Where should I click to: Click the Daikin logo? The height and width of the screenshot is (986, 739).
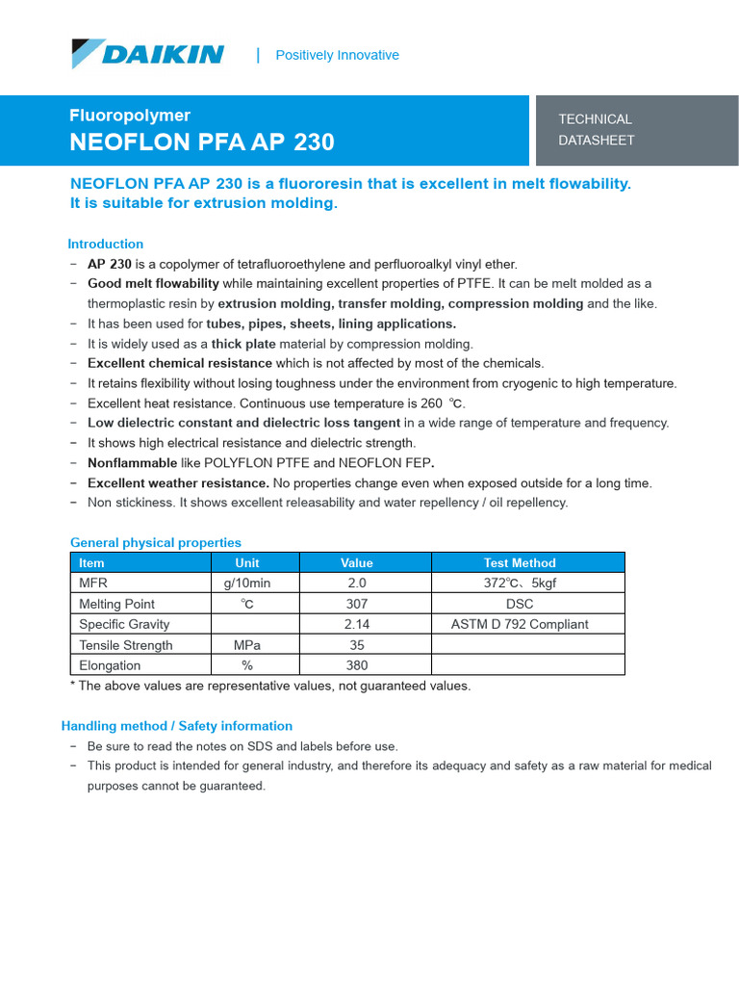[147, 54]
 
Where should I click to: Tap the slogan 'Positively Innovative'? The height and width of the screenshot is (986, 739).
[337, 55]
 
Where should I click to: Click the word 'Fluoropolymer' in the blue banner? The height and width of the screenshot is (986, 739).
[130, 116]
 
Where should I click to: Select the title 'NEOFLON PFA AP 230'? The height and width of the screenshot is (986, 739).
[202, 143]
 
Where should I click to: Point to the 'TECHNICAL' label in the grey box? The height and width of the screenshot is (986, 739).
[595, 119]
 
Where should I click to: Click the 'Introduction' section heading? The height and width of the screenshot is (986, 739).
[105, 244]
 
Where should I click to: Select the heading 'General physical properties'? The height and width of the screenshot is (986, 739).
[156, 542]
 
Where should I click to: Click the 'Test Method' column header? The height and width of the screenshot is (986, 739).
[520, 562]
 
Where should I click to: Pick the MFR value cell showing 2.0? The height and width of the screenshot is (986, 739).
[356, 584]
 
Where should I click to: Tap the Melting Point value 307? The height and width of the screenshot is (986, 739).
[356, 604]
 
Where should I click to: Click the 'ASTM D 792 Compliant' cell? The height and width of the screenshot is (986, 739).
[520, 624]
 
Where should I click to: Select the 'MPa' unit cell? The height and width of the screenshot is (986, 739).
[247, 645]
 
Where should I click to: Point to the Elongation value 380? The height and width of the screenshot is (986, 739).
[356, 665]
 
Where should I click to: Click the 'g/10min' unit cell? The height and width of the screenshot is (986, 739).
[247, 584]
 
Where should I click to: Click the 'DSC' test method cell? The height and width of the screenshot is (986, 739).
[520, 604]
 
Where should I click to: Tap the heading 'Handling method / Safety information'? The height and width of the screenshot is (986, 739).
[177, 726]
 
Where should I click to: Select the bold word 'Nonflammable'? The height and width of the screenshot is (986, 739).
[133, 463]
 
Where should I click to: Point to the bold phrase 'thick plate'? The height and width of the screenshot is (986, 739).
[243, 344]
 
